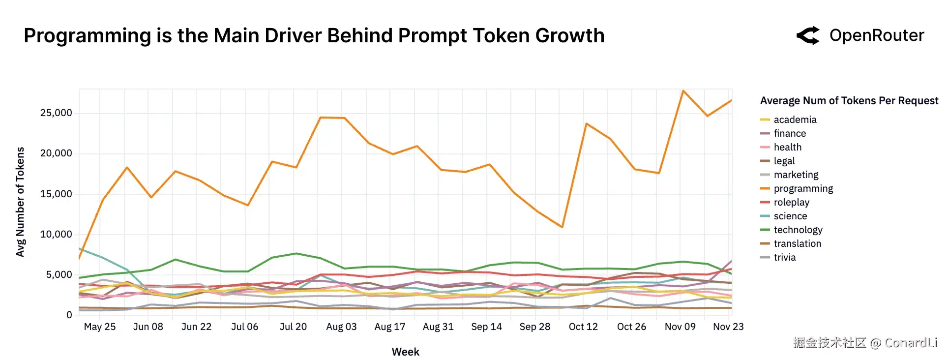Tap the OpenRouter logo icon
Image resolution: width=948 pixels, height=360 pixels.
coord(808,35)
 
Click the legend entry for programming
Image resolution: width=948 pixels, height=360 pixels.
coord(803,188)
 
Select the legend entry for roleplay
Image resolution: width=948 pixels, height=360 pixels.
coord(791,202)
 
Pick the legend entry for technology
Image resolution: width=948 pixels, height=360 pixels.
coord(798,230)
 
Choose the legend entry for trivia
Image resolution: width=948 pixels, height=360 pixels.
coord(784,257)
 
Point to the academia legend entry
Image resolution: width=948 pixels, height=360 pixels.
coord(795,120)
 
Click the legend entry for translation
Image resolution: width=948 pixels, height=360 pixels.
coord(797,243)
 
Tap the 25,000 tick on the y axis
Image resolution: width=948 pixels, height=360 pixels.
coord(56,113)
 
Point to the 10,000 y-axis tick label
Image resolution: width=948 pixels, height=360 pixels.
coord(56,234)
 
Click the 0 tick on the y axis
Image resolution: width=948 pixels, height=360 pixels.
coord(69,315)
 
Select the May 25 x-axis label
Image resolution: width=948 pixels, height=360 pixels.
coord(100,327)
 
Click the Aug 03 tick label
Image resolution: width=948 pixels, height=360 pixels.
coord(341,327)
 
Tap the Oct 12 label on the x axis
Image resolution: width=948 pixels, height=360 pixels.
coord(583,327)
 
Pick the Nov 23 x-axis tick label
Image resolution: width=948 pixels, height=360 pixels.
coord(728,327)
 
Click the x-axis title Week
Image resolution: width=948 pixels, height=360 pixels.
coord(406,352)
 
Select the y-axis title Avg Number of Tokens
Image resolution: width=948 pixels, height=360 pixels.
coord(20,202)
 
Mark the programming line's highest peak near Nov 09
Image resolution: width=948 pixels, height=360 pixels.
coord(683,91)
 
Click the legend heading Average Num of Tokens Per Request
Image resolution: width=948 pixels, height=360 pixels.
coord(849,101)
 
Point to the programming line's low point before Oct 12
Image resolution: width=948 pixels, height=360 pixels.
coord(562,227)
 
